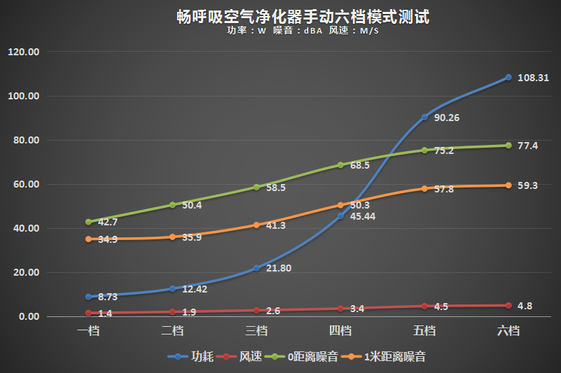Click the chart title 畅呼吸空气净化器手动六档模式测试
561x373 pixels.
tap(303, 17)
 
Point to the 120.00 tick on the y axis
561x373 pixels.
tap(24, 52)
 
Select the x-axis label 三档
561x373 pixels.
tap(256, 331)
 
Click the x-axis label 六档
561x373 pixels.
tap(508, 331)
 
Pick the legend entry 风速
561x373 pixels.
tap(251, 357)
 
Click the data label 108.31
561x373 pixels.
tap(532, 78)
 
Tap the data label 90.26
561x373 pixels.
tap(446, 118)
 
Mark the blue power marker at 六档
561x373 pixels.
tap(508, 78)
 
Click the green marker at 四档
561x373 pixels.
tap(340, 165)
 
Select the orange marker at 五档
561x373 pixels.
tap(424, 188)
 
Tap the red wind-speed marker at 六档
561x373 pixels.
tap(508, 306)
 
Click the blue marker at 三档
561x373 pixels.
tap(256, 268)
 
